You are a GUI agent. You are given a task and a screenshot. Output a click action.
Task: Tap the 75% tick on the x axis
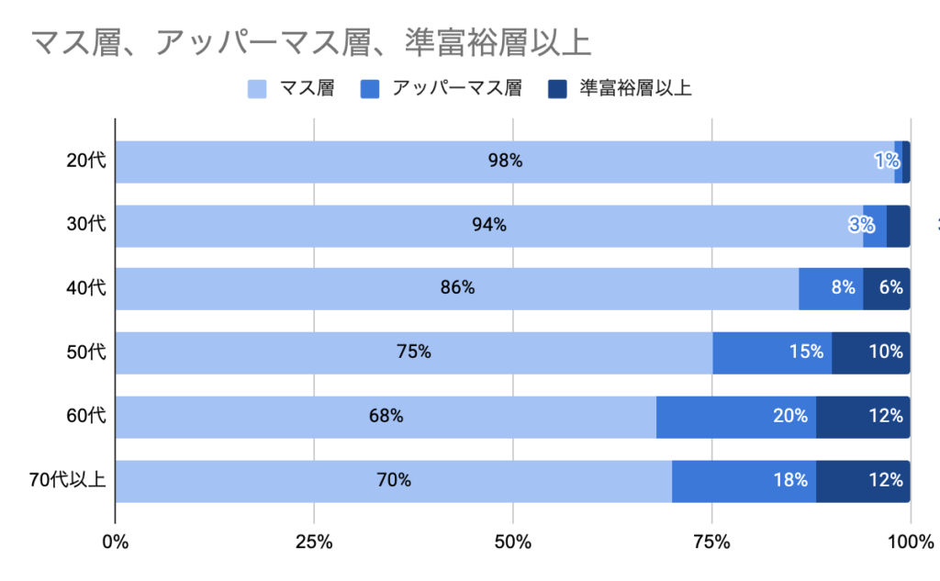711,542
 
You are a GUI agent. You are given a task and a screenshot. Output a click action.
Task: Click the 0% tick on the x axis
116,542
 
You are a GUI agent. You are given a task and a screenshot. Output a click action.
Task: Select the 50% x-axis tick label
512,542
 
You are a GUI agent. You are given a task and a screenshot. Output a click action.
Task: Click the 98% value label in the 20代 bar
505,162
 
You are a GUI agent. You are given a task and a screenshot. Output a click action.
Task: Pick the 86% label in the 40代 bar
457,288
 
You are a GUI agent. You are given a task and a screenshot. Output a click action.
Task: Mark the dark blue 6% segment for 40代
887,288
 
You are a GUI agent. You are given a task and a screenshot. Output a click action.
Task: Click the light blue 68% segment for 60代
386,416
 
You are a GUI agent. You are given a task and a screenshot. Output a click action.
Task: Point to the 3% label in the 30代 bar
861,226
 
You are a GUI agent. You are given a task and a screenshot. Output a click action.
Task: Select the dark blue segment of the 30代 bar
899,226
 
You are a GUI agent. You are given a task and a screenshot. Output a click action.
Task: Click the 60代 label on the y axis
86,416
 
